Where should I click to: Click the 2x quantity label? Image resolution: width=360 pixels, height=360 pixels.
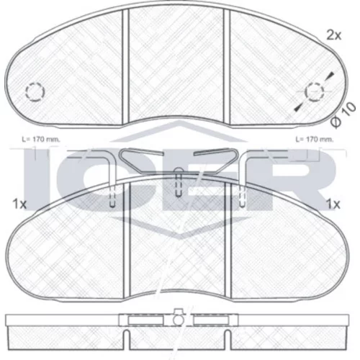(333, 35)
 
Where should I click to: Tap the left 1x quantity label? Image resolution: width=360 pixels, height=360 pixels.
(19, 204)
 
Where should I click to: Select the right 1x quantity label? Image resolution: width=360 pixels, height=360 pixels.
(333, 204)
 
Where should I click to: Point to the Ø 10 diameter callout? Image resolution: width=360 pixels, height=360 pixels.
(343, 114)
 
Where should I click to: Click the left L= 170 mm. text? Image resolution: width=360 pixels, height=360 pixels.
(41, 140)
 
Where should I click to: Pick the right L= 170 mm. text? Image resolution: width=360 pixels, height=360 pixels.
(315, 140)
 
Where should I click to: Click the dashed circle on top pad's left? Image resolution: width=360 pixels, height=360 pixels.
(35, 92)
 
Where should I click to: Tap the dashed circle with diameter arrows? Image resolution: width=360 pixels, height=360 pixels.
(314, 92)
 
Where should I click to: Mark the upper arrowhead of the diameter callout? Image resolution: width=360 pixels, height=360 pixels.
(330, 75)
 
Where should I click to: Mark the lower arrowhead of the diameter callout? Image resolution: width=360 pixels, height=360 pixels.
(297, 109)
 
